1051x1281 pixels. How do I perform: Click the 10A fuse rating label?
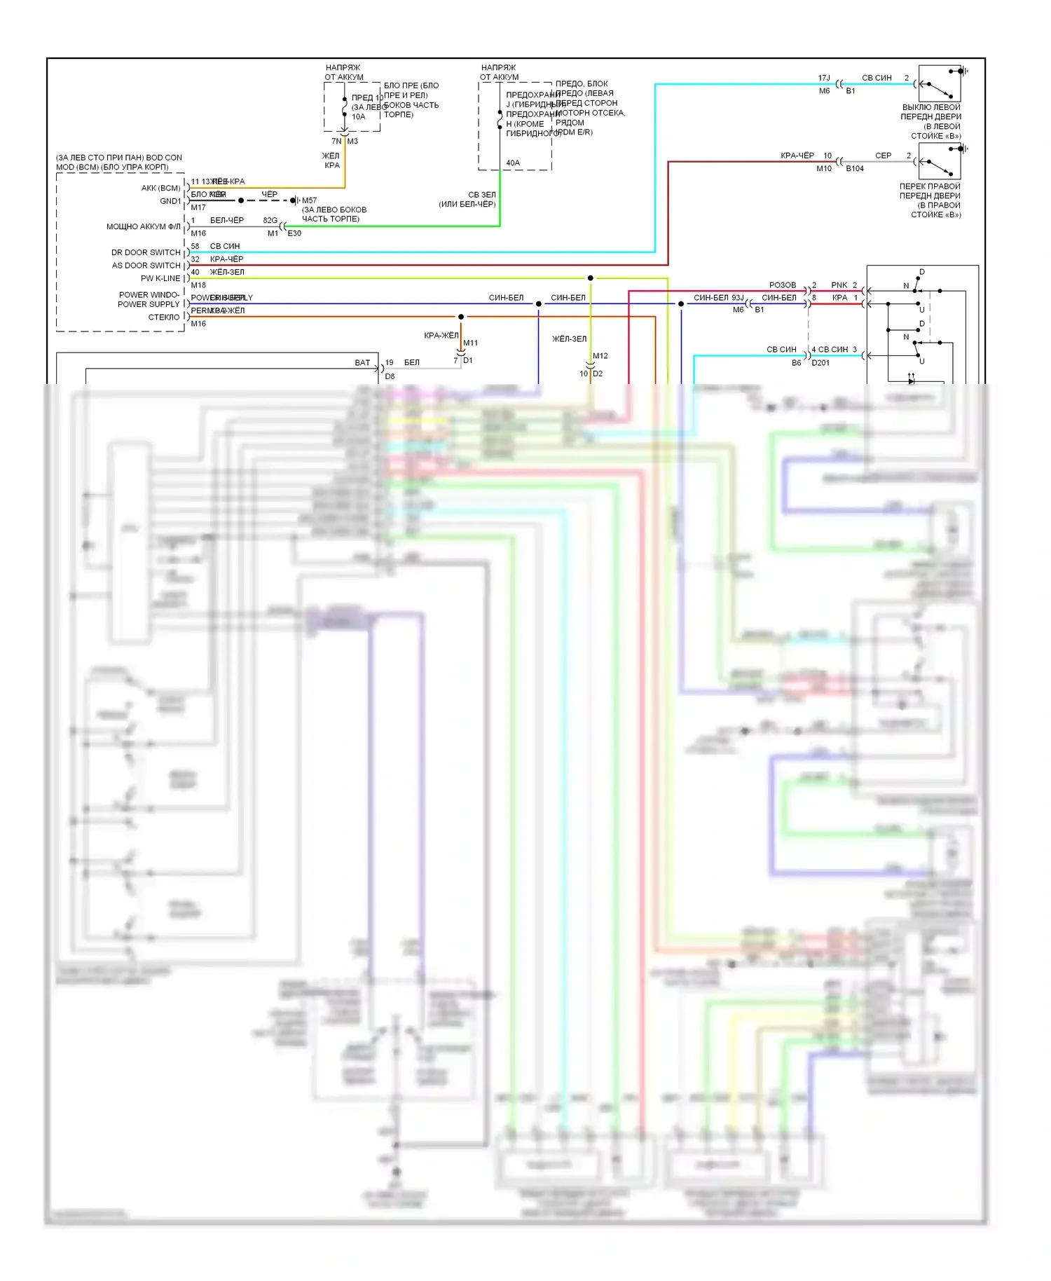coord(358,117)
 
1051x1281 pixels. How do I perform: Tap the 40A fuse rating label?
coord(513,163)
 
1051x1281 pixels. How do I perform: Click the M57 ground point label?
coord(309,200)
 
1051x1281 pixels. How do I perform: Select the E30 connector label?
coord(294,233)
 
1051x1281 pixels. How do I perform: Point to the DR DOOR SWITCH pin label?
coord(146,252)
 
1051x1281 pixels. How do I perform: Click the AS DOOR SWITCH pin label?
coord(146,266)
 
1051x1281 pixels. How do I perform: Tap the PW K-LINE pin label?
coord(160,278)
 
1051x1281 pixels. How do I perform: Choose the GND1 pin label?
coord(170,201)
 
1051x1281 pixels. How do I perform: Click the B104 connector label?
coord(855,169)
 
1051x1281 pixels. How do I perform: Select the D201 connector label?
coord(820,363)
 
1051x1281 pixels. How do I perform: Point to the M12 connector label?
coord(600,356)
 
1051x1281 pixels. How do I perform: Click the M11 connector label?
coord(470,343)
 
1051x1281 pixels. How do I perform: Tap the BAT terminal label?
coord(362,363)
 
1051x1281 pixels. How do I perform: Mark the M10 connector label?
coord(824,169)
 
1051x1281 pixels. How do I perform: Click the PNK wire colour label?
coord(839,285)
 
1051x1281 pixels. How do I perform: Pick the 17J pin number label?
coord(824,78)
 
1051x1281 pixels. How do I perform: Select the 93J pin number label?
coord(737,298)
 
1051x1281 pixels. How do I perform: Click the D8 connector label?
coord(390,376)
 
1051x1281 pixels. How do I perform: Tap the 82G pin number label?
coord(270,220)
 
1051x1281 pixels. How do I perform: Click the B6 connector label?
coord(797,363)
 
